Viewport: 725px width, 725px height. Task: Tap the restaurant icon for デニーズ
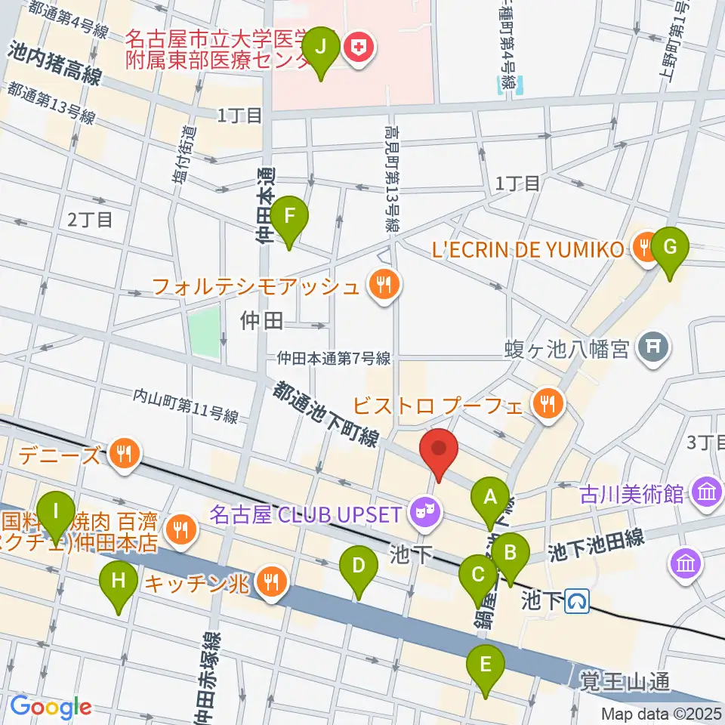click(122, 454)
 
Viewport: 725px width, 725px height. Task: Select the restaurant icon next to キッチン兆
click(270, 582)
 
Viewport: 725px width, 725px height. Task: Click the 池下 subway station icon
click(578, 600)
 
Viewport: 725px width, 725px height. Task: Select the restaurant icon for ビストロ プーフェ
click(548, 405)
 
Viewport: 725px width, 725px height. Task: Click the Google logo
click(51, 707)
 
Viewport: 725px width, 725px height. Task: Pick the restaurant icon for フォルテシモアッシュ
click(385, 285)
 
